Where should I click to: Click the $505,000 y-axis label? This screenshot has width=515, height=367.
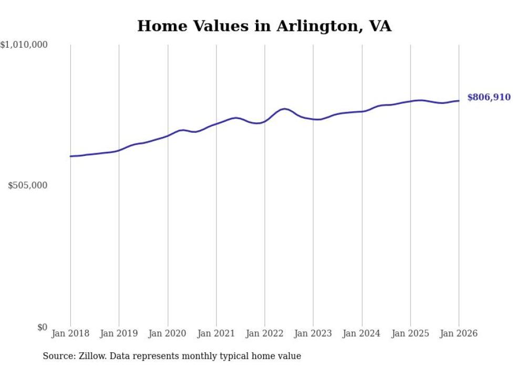[28, 185]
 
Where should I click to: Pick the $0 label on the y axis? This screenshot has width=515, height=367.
[42, 327]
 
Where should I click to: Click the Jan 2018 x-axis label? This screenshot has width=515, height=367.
[70, 333]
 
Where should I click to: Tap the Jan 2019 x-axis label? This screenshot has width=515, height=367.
[119, 333]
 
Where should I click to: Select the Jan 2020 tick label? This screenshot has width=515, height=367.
[168, 333]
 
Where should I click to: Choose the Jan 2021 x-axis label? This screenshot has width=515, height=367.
[216, 333]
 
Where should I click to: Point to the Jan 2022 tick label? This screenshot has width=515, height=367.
[265, 333]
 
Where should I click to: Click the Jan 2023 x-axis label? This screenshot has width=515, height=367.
[313, 333]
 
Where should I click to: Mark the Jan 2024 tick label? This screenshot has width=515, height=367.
[362, 333]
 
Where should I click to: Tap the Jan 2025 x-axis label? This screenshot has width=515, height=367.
[410, 333]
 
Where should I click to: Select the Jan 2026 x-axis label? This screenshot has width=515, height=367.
[459, 333]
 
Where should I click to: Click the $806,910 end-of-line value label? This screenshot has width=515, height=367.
[489, 97]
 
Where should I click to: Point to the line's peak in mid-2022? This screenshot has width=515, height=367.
[284, 109]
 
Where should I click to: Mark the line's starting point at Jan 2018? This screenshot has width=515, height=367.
[70, 156]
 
